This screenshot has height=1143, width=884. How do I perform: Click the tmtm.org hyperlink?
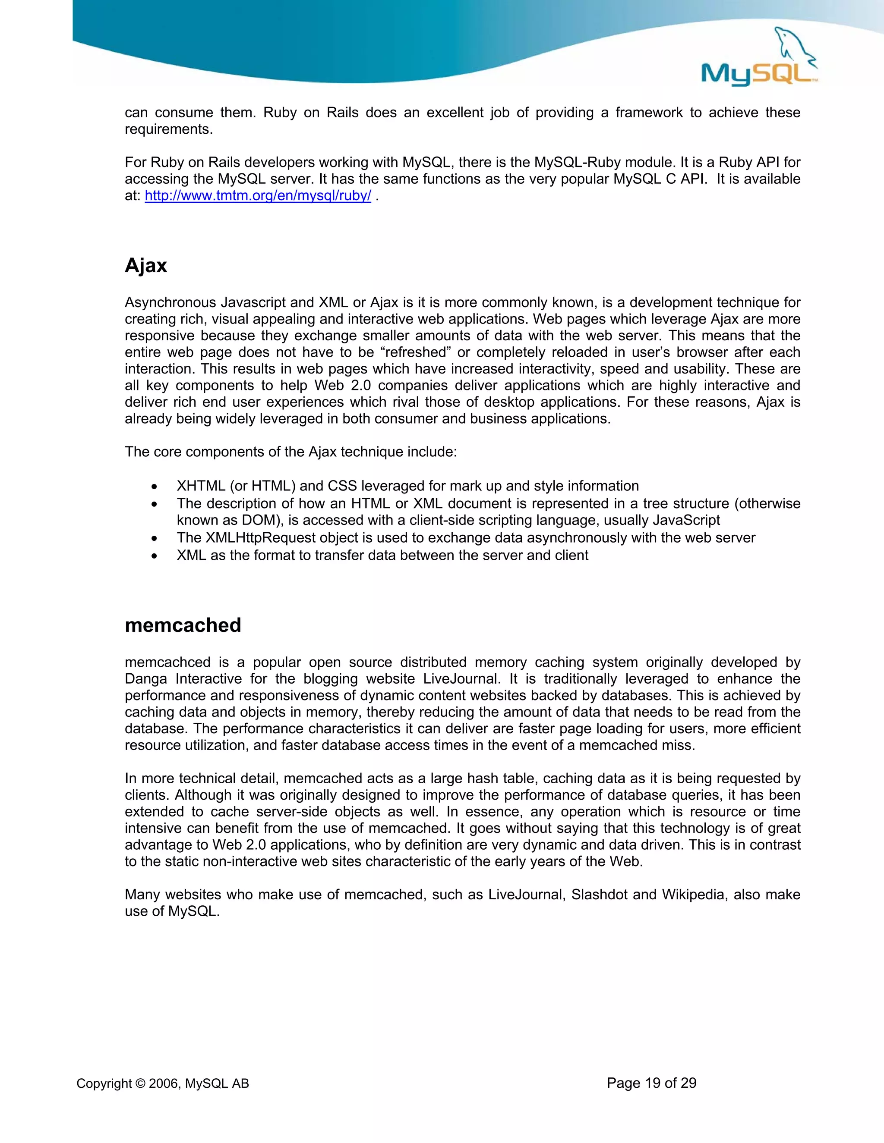[x=258, y=196]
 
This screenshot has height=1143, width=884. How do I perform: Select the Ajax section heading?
[x=145, y=265]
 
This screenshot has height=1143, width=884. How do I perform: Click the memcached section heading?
[x=183, y=625]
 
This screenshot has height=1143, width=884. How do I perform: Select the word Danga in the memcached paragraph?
[x=147, y=679]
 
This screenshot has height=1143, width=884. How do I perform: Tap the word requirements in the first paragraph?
[x=168, y=129]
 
